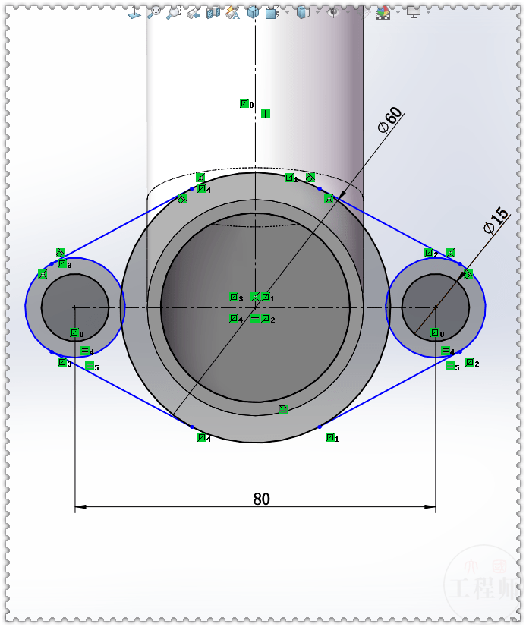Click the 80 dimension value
261,499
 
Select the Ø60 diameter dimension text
389,120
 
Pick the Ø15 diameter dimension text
495,219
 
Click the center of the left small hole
74,307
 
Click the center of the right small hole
436,307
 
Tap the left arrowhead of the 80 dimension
80,506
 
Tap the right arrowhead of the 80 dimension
430,506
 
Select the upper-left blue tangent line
121,226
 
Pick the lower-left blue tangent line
121,389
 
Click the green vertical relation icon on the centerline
266,114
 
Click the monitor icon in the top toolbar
413,11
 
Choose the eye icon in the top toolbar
332,11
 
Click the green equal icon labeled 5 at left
90,366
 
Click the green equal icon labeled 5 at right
450,366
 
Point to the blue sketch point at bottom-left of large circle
192,427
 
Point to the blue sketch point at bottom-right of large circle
320,427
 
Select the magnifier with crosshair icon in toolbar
154,11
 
